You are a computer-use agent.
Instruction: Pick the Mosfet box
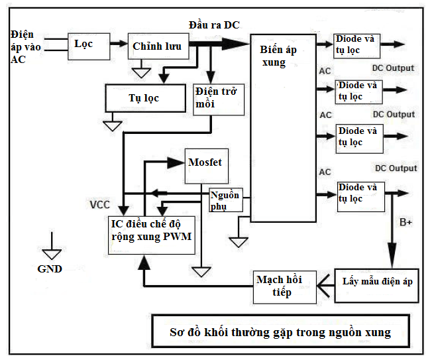click(x=205, y=164)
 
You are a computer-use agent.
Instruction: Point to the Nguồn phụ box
click(x=225, y=200)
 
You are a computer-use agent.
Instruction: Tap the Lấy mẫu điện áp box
click(x=377, y=281)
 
